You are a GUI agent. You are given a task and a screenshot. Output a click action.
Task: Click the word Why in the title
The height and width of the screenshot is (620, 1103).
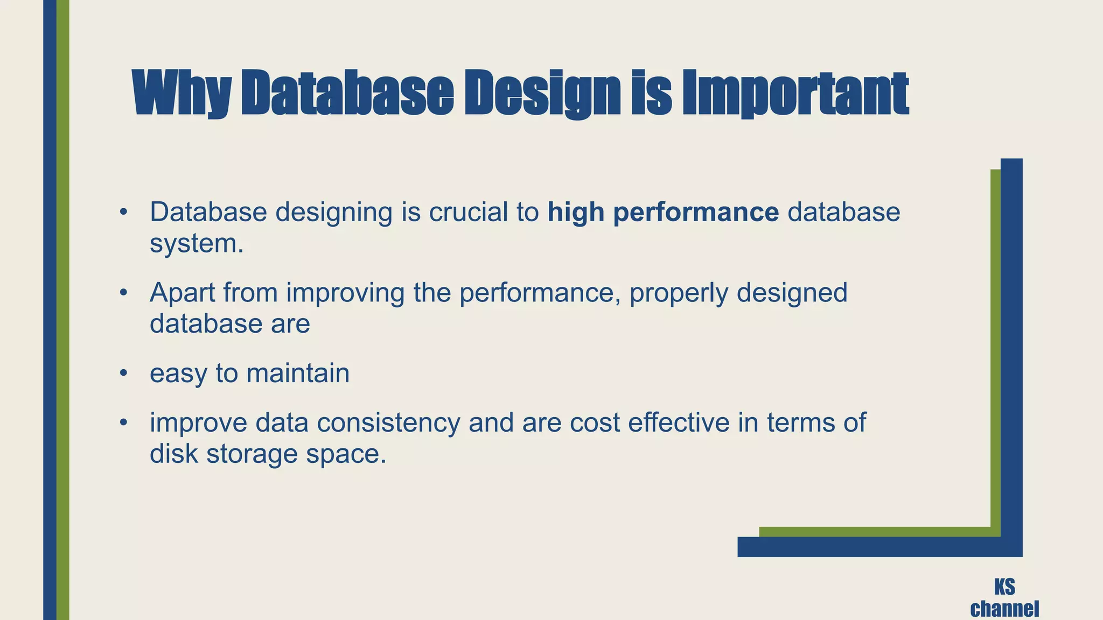182,94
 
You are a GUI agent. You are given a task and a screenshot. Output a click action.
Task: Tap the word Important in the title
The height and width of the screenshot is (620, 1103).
795,94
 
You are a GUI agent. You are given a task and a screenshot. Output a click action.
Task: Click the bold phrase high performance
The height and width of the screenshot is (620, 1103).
663,212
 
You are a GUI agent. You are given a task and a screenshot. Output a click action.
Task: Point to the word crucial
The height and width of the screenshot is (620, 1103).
468,212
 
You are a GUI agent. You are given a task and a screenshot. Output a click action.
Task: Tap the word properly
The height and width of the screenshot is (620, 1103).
678,293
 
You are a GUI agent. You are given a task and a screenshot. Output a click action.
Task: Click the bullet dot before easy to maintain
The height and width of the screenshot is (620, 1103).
123,372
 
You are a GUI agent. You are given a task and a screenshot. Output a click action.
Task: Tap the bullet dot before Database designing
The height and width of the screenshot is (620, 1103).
123,212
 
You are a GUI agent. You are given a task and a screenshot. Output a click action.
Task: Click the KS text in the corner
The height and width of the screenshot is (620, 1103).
1004,587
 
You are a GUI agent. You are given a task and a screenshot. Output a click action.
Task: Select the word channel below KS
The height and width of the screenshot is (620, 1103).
1004,609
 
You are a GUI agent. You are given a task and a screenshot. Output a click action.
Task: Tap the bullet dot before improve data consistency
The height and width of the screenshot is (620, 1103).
123,422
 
